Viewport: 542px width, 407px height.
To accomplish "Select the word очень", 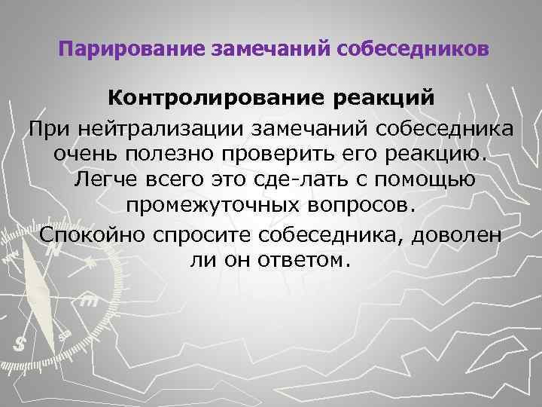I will tap(86, 155).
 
